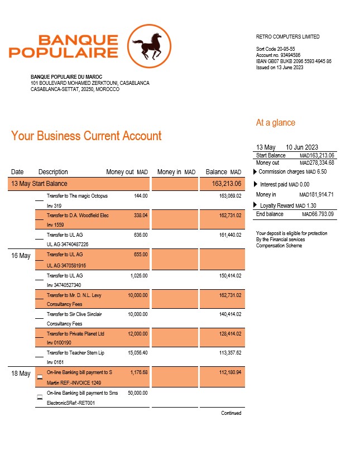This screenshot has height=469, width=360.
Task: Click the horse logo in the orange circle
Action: [x=149, y=46]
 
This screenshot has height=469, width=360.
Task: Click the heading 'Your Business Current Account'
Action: [x=87, y=136]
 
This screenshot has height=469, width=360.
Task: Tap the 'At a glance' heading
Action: [x=276, y=123]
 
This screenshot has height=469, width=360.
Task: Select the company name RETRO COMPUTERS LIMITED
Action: [x=287, y=37]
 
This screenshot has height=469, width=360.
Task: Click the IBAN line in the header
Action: [x=294, y=61]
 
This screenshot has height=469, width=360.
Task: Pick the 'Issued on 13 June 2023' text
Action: [x=280, y=68]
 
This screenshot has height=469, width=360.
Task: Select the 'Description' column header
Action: [x=53, y=172]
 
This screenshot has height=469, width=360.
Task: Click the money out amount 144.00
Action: [x=141, y=196]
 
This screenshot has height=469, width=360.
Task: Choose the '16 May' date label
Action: [x=21, y=256]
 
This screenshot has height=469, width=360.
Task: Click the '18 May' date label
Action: [x=21, y=374]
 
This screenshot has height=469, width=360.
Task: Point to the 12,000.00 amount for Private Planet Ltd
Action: [x=137, y=334]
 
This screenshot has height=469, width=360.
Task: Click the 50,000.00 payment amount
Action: [x=137, y=393]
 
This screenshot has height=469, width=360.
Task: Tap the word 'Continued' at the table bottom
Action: [x=231, y=413]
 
